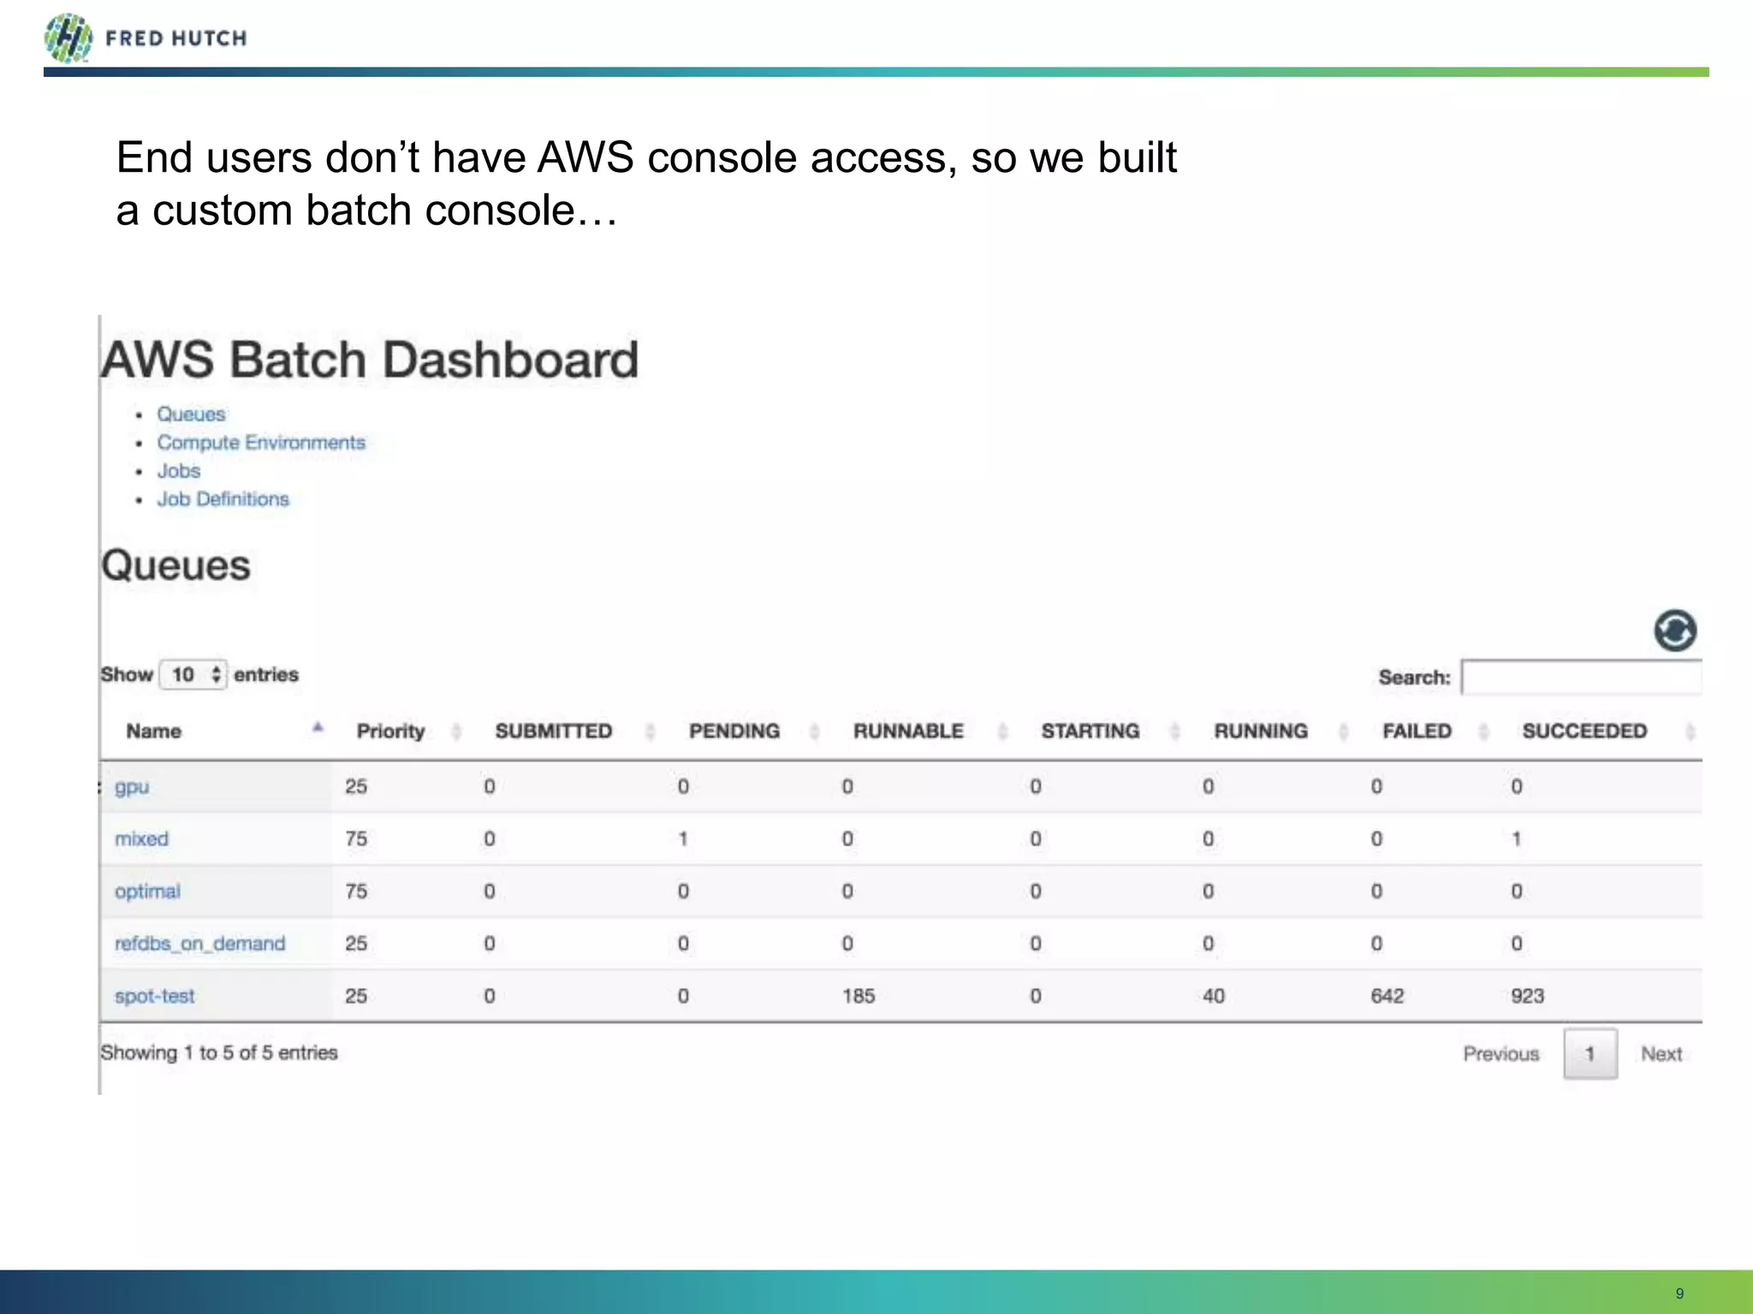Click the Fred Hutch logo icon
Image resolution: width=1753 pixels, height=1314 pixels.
coord(68,38)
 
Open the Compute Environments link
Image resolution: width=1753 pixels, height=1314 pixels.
coord(260,442)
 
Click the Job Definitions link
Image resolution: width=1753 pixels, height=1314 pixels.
coord(223,499)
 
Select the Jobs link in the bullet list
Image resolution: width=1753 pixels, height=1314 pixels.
coord(178,471)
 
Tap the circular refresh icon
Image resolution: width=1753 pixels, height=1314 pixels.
coord(1674,631)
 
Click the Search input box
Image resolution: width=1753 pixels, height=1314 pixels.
coord(1581,678)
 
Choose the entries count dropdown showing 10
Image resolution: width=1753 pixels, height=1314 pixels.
coord(193,675)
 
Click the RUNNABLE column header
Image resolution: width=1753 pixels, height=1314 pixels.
coord(908,731)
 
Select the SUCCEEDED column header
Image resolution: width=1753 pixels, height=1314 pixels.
coord(1584,731)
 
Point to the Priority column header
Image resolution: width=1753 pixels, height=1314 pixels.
coord(390,731)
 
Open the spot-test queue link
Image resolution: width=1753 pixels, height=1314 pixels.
coord(155,996)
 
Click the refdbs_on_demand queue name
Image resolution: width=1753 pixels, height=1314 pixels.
coord(199,944)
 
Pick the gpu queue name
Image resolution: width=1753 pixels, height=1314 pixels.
coord(132,787)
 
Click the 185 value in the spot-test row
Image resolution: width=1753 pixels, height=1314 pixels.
coord(859,996)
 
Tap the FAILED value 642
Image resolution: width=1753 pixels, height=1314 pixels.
coord(1387,996)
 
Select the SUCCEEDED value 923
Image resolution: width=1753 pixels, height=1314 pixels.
coord(1527,996)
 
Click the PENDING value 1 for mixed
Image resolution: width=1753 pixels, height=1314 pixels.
coord(683,839)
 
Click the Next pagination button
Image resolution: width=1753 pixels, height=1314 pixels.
coord(1661,1054)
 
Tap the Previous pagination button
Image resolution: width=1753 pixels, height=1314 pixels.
coord(1500,1054)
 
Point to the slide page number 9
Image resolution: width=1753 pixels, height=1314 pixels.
coord(1679,1293)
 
